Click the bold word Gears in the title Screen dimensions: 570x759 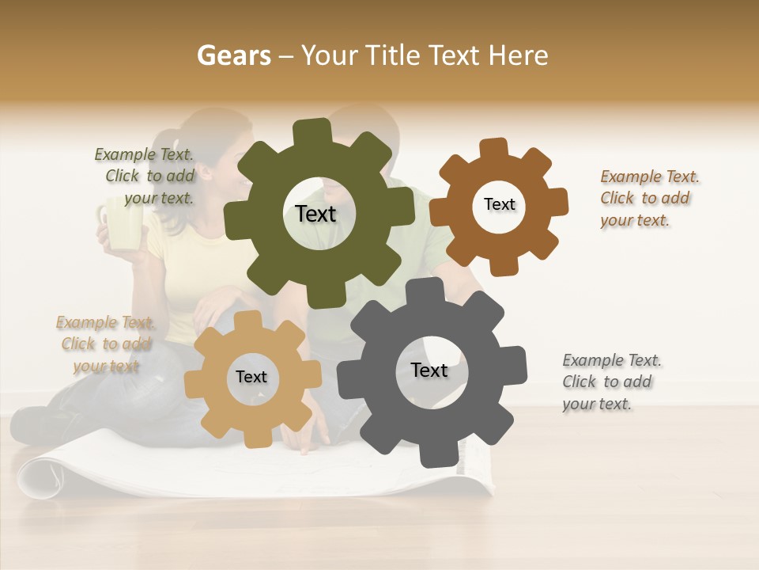[233, 55]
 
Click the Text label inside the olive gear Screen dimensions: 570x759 [315, 214]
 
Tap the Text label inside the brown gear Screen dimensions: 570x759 [499, 204]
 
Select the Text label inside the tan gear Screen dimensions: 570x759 [251, 378]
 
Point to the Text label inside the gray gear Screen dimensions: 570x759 [429, 370]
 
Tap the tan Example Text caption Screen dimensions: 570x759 [105, 344]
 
